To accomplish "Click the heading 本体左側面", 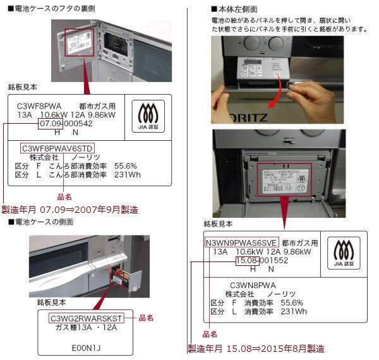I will (x=237, y=9).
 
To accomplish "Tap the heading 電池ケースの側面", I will (x=44, y=222).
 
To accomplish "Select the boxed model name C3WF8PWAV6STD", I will (x=57, y=148).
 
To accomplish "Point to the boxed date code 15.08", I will (x=246, y=260).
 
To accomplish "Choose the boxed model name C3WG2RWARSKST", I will (x=86, y=318).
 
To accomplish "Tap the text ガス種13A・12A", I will (x=87, y=327).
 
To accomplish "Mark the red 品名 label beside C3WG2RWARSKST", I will (x=147, y=318).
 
